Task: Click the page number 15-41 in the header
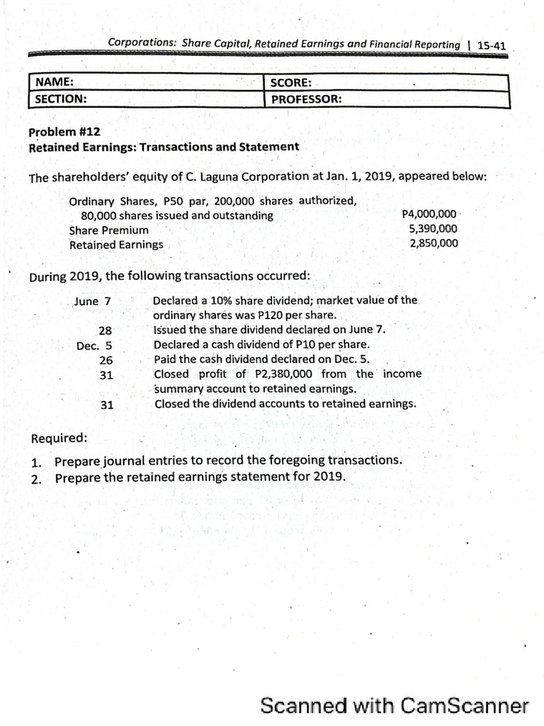point(492,45)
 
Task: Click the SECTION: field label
point(61,99)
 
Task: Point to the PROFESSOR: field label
point(306,99)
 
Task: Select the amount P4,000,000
point(429,214)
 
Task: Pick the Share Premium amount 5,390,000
point(433,229)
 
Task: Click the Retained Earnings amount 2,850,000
point(433,244)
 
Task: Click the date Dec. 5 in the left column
point(95,346)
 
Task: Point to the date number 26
point(106,360)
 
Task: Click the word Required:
point(59,438)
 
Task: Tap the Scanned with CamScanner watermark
point(394,705)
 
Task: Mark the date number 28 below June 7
point(106,330)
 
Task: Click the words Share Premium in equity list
point(108,230)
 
